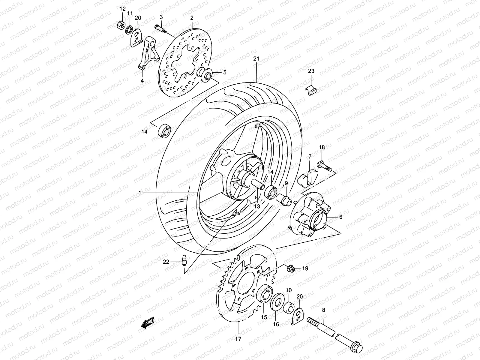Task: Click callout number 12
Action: pyautogui.click(x=122, y=9)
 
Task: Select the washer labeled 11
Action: pyautogui.click(x=129, y=29)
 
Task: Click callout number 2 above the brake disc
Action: pyautogui.click(x=192, y=18)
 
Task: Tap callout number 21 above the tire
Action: pyautogui.click(x=256, y=59)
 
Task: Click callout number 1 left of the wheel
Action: pyautogui.click(x=140, y=193)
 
